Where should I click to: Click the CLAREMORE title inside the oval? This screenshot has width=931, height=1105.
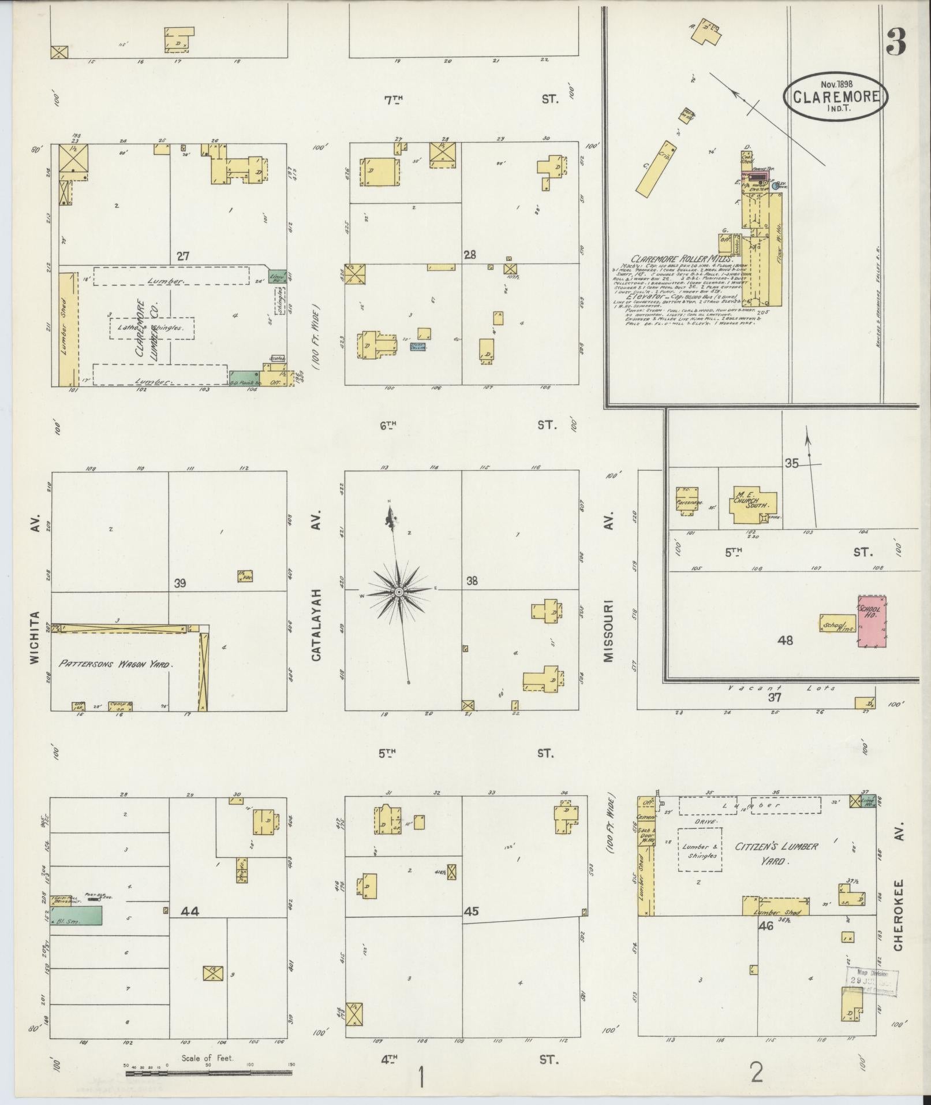(x=835, y=97)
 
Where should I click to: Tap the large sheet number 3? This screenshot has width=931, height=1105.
(x=896, y=42)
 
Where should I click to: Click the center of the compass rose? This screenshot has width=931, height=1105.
(x=398, y=593)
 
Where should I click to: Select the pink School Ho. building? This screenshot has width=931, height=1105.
(x=872, y=621)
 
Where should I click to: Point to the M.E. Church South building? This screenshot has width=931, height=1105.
(x=754, y=506)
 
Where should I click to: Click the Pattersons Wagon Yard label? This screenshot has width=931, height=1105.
(x=115, y=664)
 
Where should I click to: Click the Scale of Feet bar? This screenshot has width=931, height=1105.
(x=208, y=1073)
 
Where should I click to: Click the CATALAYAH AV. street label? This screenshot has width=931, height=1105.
(x=316, y=585)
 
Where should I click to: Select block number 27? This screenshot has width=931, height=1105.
(x=183, y=256)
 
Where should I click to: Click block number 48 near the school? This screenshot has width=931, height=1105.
(x=785, y=639)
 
